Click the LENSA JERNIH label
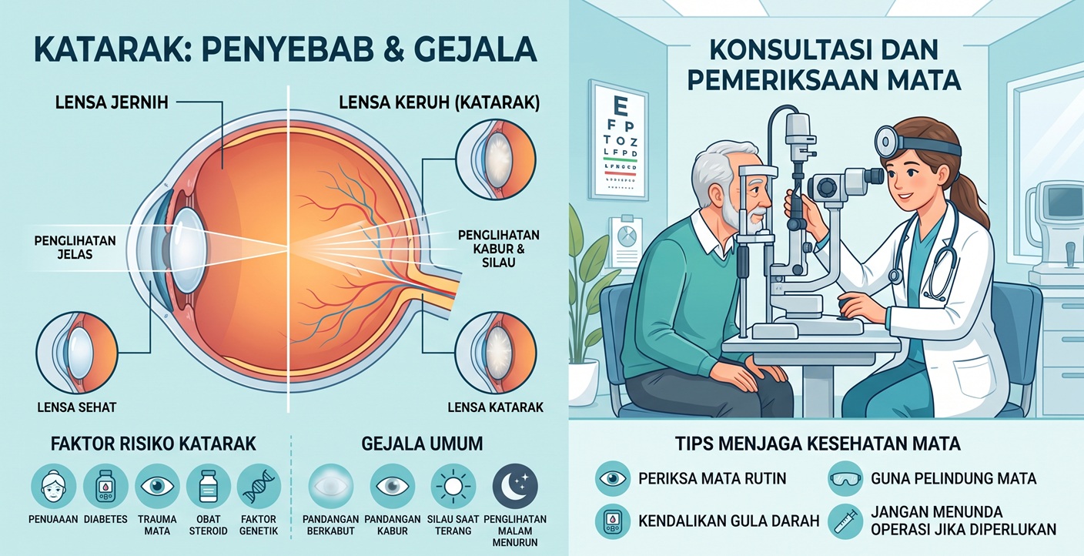click(x=112, y=102)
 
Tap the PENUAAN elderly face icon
click(x=53, y=487)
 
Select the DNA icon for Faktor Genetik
click(x=259, y=487)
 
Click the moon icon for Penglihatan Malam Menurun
click(x=515, y=487)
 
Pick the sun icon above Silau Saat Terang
click(x=453, y=487)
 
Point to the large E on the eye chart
click(x=620, y=105)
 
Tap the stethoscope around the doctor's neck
click(x=922, y=253)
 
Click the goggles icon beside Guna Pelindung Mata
click(x=845, y=478)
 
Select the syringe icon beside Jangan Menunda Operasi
click(x=845, y=521)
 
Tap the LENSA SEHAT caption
click(x=77, y=407)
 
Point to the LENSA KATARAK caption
click(x=496, y=407)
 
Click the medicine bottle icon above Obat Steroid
click(x=208, y=487)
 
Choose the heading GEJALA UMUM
click(x=422, y=444)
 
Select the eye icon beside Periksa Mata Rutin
click(x=613, y=478)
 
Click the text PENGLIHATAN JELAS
click(x=75, y=247)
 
